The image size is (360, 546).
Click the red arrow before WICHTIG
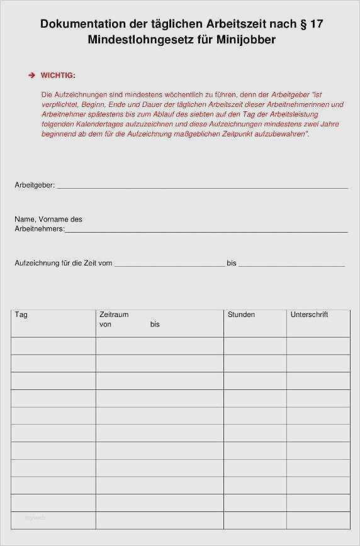coord(31,75)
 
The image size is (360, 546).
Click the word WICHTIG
coord(58,75)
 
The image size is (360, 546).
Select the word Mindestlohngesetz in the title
coord(147,39)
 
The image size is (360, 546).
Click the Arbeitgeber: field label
coord(35,186)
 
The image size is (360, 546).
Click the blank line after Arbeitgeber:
coord(202,187)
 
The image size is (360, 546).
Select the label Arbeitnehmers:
coord(39,230)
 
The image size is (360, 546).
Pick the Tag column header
coord(21,315)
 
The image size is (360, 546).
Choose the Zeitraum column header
coord(114,315)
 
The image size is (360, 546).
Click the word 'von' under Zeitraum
coord(105,325)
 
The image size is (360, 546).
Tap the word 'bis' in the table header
coord(155,325)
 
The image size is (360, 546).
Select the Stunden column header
coord(241,315)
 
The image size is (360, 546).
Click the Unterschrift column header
coord(309,315)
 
